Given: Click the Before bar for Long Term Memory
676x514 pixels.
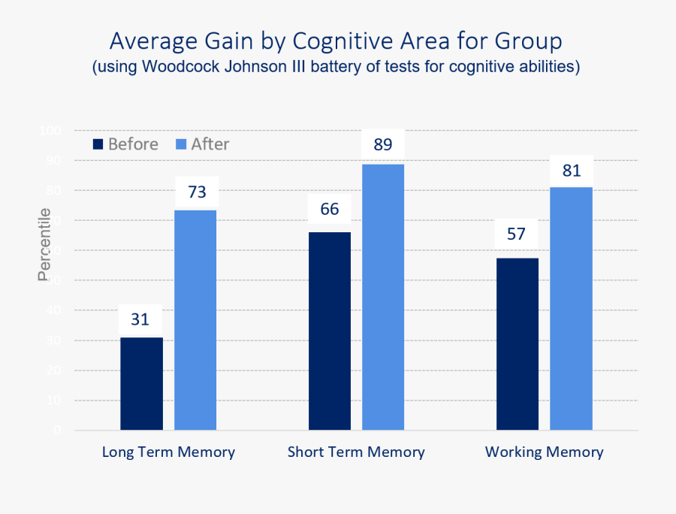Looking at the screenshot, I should pyautogui.click(x=141, y=384).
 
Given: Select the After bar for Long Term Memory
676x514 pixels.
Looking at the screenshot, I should pyautogui.click(x=195, y=320).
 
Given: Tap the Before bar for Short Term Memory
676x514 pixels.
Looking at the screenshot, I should pyautogui.click(x=329, y=331).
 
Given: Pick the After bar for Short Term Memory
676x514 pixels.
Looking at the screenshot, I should pyautogui.click(x=383, y=298).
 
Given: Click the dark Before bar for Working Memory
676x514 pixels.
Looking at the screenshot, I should pyautogui.click(x=517, y=344).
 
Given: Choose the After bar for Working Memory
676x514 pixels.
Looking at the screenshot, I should pyautogui.click(x=571, y=309).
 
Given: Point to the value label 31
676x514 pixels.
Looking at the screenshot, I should pyautogui.click(x=140, y=319).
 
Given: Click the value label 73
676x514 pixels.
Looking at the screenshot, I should pyautogui.click(x=197, y=192).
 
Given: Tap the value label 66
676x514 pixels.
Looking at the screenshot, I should pyautogui.click(x=330, y=209).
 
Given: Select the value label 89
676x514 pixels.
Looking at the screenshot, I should pyautogui.click(x=383, y=144).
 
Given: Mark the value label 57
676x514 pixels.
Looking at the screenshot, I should pyautogui.click(x=516, y=234).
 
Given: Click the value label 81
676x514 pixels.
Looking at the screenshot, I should pyautogui.click(x=572, y=171).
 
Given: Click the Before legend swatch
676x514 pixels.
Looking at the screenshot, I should pyautogui.click(x=98, y=144).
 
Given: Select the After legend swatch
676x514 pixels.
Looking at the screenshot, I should pyautogui.click(x=180, y=144).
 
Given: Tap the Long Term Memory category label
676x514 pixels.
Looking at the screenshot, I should pyautogui.click(x=168, y=452).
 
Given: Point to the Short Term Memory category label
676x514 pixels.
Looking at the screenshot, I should pyautogui.click(x=356, y=452).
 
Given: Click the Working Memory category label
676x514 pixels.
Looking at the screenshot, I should pyautogui.click(x=544, y=452).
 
